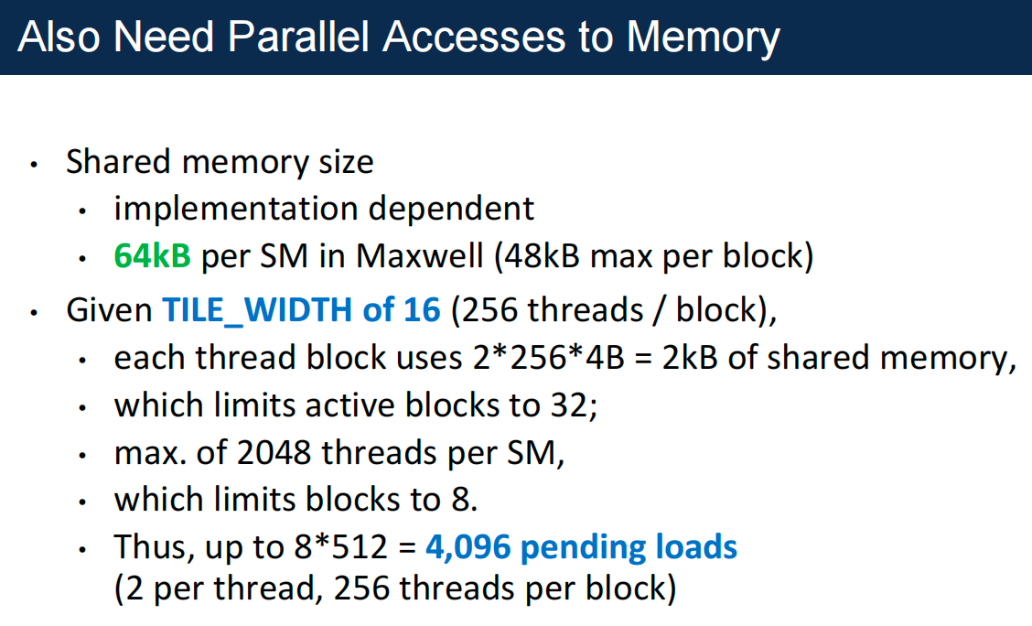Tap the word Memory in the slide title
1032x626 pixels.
point(704,37)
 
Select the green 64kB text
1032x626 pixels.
point(152,256)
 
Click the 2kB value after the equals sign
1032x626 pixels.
point(689,358)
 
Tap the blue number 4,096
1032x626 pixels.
point(468,547)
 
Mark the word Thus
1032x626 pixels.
point(149,547)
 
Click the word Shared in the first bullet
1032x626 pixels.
point(118,162)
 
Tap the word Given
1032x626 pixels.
point(108,310)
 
